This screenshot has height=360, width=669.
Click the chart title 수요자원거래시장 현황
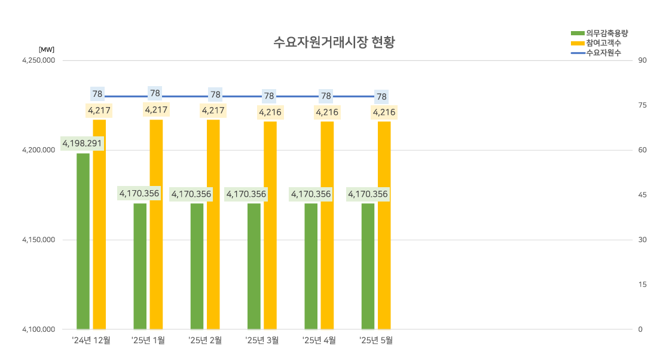[x=334, y=42]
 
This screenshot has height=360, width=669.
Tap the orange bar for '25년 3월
[x=270, y=227]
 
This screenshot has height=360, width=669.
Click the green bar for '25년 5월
[x=368, y=269]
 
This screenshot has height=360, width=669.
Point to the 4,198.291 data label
[x=83, y=144]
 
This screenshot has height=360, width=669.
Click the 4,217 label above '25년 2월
[x=213, y=110]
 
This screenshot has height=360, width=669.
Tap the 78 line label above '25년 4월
[x=326, y=95]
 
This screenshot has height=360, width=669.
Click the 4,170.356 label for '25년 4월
[x=311, y=194]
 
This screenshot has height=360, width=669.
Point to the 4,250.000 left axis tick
[x=39, y=60]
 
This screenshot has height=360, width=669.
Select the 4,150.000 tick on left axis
[x=39, y=240]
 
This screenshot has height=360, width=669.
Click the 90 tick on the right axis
[x=642, y=60]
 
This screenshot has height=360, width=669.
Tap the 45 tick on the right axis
[x=642, y=195]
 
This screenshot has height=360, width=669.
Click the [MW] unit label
[x=47, y=50]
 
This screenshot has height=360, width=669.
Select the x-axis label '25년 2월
[x=205, y=340]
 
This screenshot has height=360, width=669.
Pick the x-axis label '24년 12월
[x=91, y=340]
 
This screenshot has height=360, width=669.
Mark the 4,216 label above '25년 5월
[x=384, y=112]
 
